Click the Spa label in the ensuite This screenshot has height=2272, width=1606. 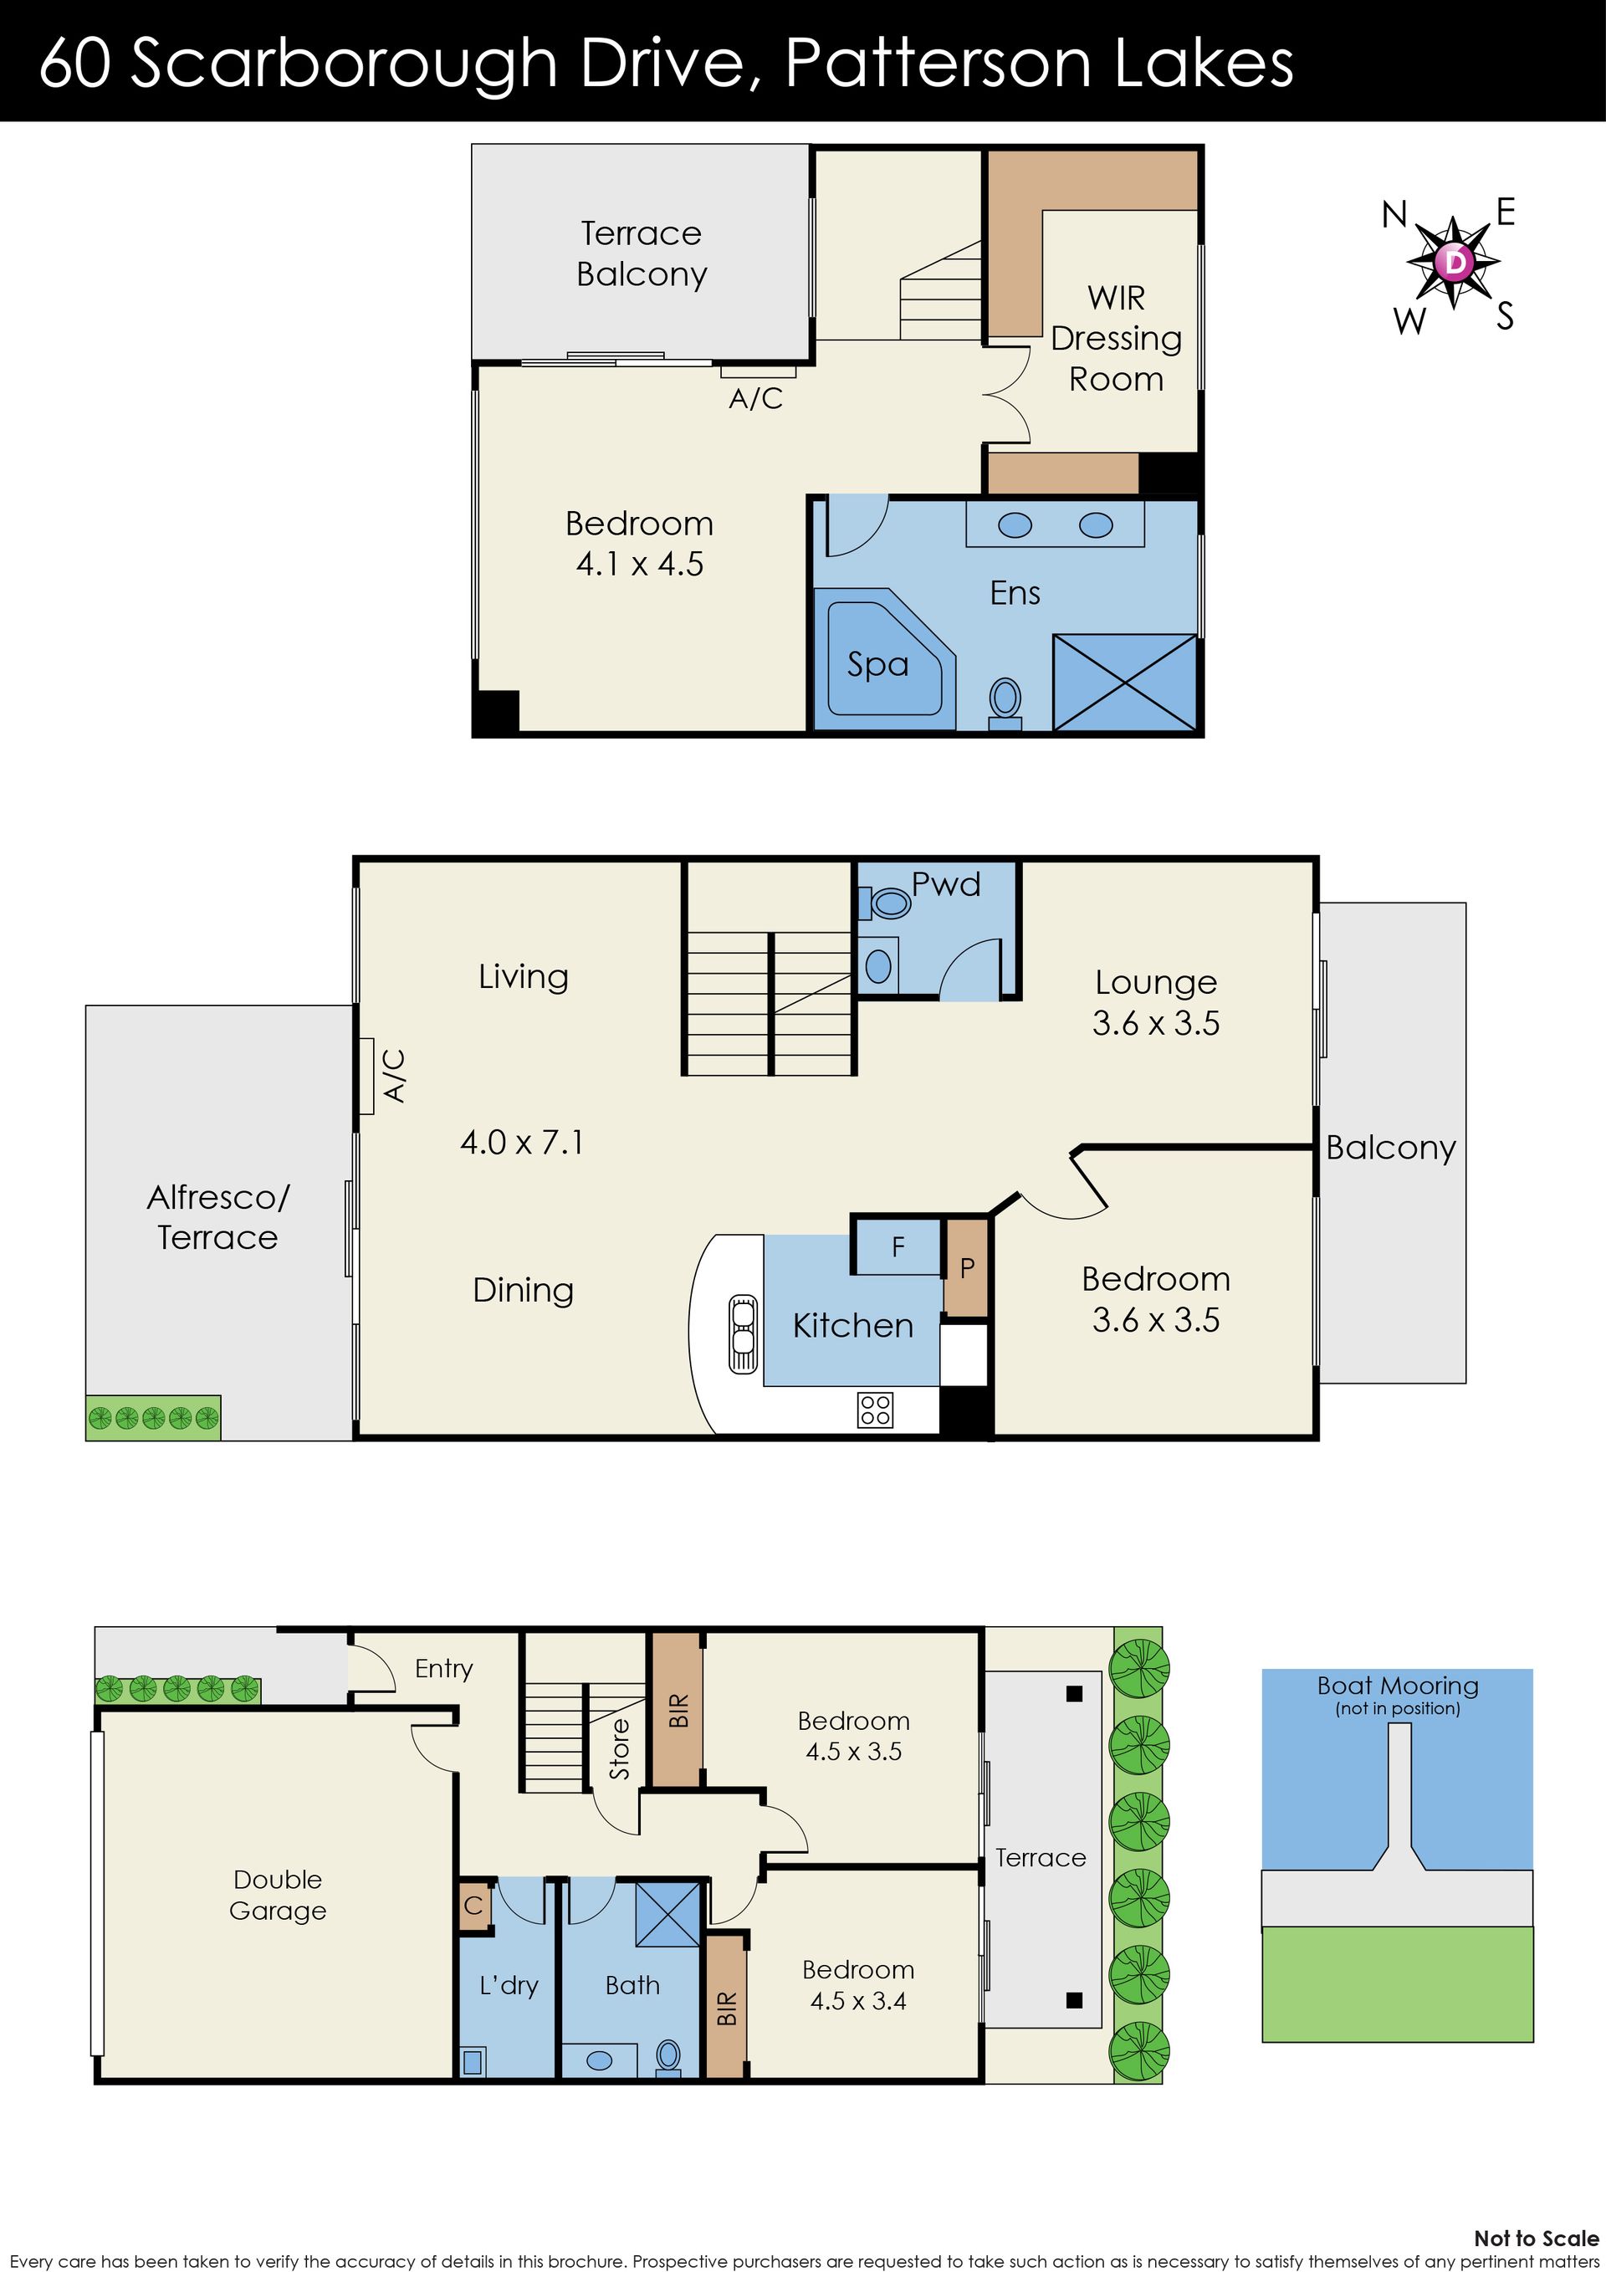(x=877, y=664)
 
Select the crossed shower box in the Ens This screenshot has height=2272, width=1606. (x=1125, y=683)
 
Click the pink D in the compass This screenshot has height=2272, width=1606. (x=1455, y=262)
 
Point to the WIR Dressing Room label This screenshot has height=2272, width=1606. (x=1116, y=339)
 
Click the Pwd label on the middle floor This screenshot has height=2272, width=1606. (x=946, y=883)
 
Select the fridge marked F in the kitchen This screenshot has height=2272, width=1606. (x=898, y=1246)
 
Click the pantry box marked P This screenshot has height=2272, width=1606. (x=967, y=1266)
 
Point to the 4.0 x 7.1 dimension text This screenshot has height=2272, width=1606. (x=523, y=1142)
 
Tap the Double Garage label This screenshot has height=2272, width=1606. (x=278, y=1894)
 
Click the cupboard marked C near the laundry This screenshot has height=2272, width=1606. (x=473, y=1906)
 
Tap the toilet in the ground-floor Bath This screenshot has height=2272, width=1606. (x=669, y=2056)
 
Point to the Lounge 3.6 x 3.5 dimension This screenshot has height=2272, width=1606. (x=1156, y=1022)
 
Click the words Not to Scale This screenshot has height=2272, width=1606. (x=1536, y=2239)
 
